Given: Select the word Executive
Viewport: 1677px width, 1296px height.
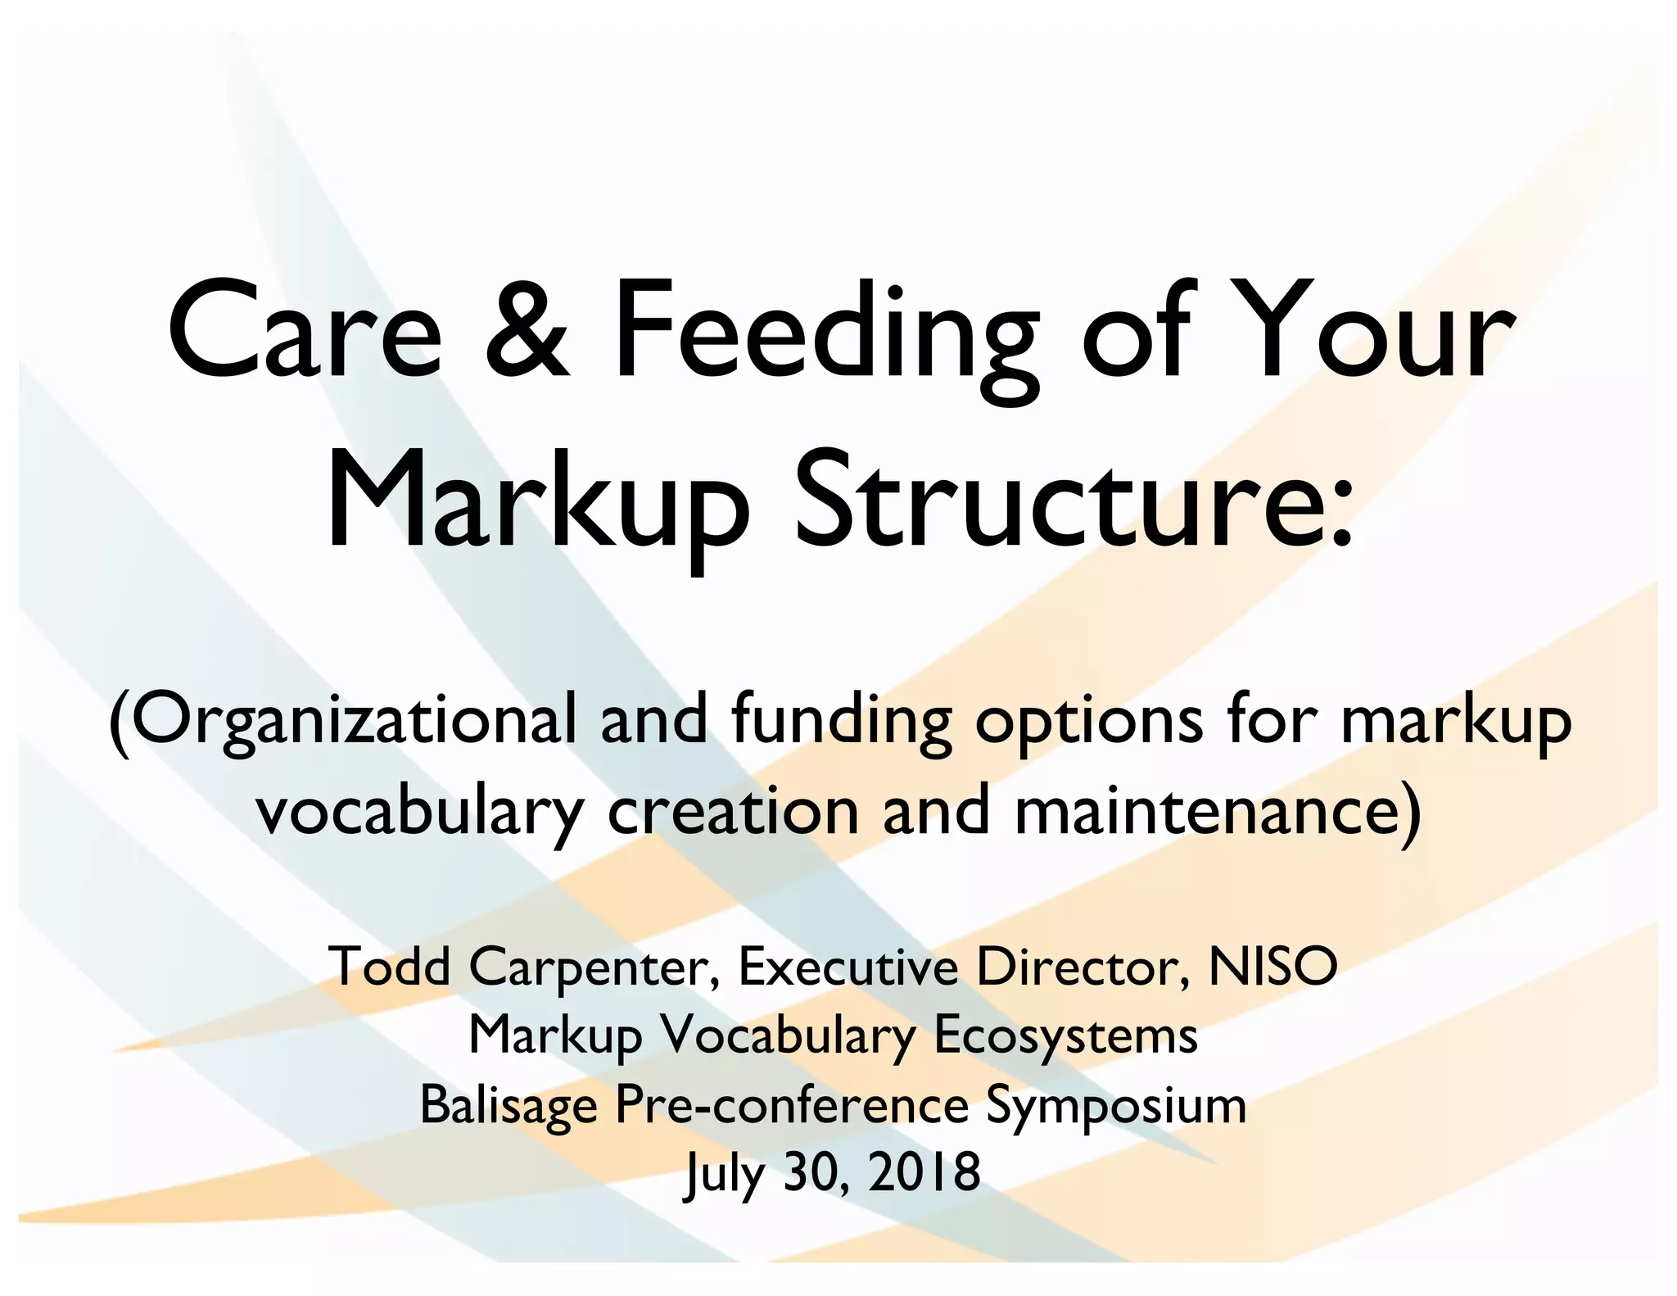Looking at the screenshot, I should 848,967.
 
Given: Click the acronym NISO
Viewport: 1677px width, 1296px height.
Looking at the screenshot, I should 1273,967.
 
